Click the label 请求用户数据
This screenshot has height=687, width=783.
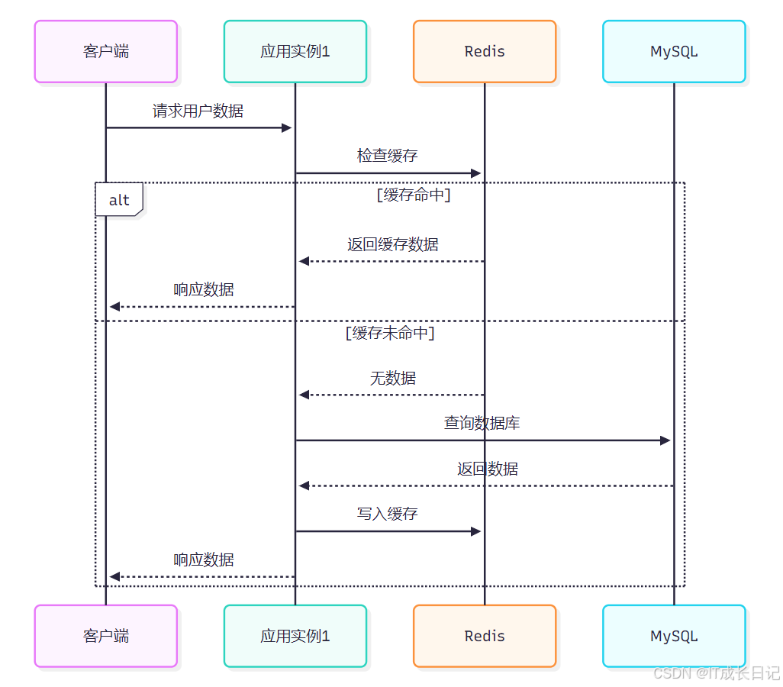(198, 111)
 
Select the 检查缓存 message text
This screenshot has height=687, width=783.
(388, 156)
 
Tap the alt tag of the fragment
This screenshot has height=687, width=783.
(119, 201)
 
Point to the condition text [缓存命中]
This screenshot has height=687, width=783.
(414, 195)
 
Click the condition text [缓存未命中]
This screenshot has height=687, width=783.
(390, 333)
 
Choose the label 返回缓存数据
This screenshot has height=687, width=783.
(393, 245)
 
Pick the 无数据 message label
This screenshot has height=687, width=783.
(393, 379)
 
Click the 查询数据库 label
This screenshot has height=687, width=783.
(482, 423)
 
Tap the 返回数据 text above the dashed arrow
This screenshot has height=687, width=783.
(488, 469)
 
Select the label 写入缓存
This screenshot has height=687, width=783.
(388, 514)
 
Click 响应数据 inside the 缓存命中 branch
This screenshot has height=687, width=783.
(204, 290)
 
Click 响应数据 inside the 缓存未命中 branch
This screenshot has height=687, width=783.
(204, 560)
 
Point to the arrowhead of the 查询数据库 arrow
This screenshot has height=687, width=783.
(665, 440)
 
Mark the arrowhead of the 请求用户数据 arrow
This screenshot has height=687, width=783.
(287, 127)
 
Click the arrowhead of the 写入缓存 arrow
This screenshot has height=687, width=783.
(476, 531)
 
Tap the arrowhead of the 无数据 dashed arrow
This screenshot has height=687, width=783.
(304, 395)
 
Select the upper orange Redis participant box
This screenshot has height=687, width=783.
(485, 52)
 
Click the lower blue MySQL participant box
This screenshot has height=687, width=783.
(674, 636)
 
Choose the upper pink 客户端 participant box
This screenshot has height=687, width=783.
(106, 52)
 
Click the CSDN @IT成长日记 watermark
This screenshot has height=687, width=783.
(717, 673)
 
